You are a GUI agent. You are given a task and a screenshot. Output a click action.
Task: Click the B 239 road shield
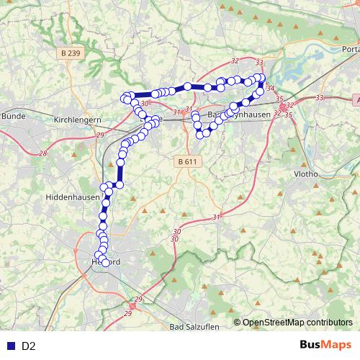(69, 53)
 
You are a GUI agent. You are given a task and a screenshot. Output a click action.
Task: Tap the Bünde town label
(12, 115)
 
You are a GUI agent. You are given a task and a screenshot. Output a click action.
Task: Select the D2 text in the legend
(29, 346)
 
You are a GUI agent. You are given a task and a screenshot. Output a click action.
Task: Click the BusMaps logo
(325, 346)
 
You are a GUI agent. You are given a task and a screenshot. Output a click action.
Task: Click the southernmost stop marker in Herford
(106, 264)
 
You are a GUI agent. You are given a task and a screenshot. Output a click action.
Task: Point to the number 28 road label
(43, 153)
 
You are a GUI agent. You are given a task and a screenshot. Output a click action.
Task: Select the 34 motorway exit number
(270, 88)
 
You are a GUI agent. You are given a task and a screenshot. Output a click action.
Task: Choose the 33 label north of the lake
(259, 63)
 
